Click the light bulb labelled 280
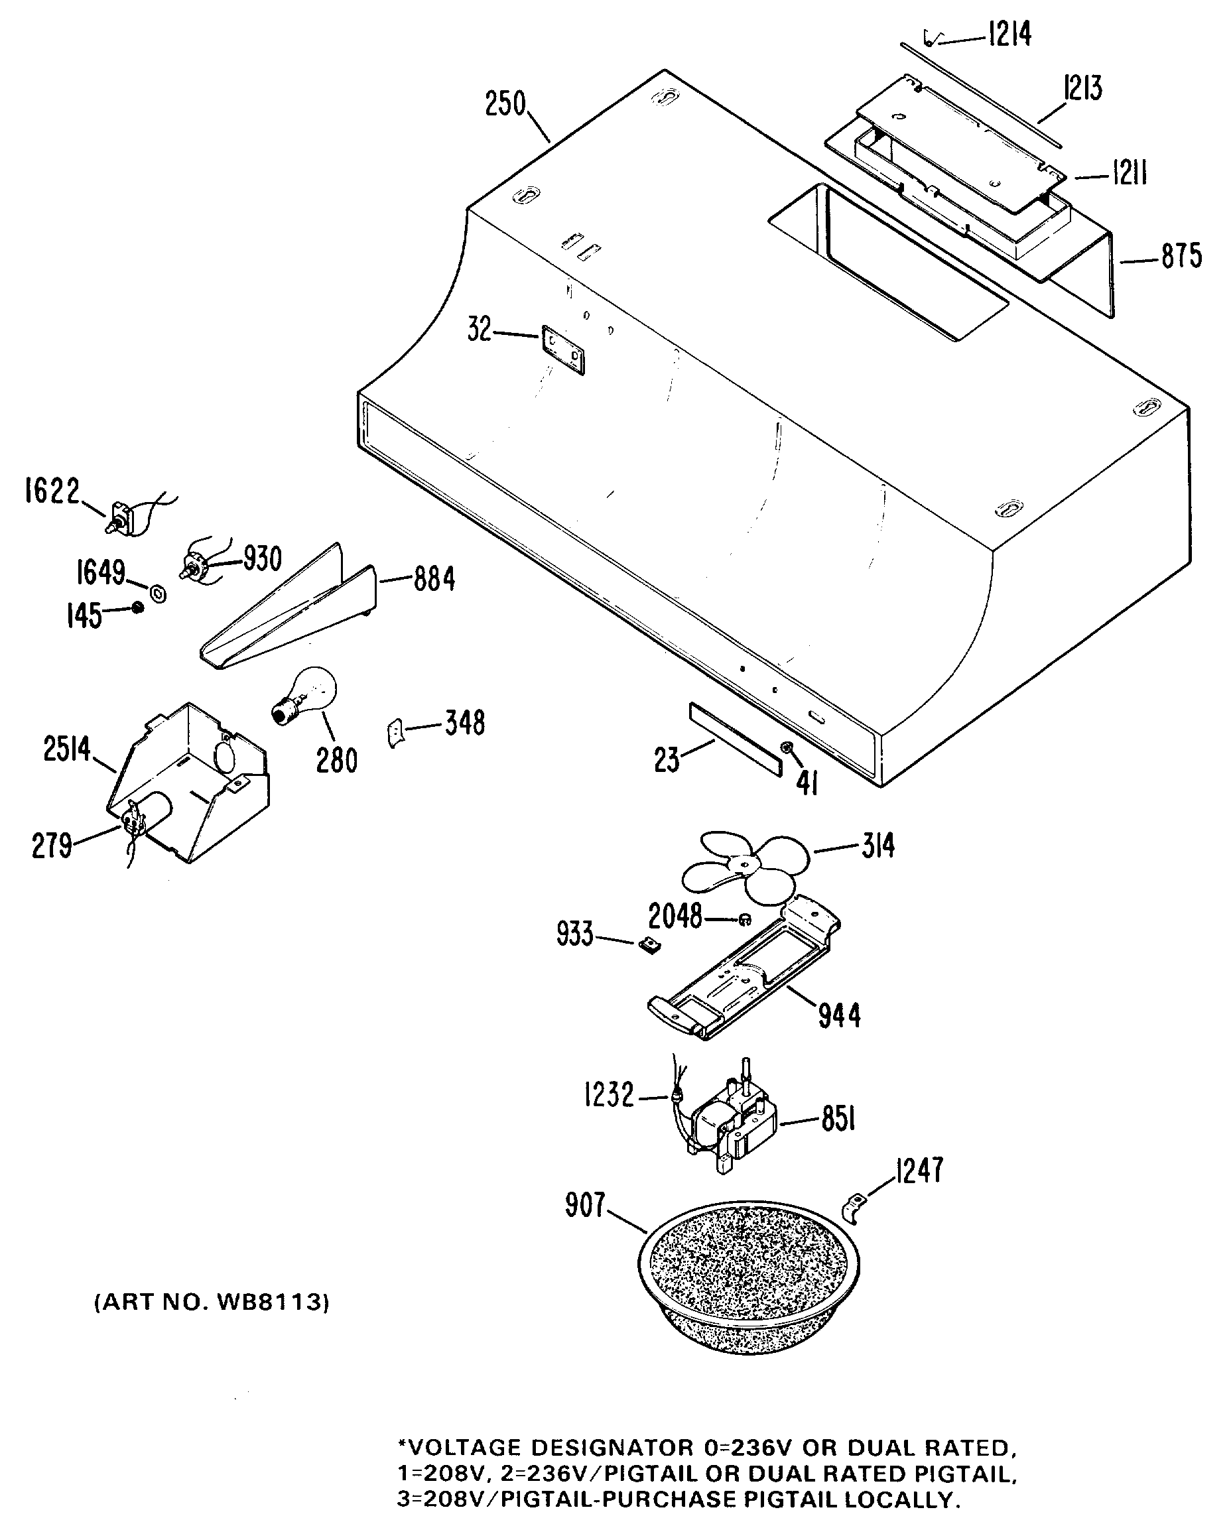pos(306,694)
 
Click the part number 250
pos(505,104)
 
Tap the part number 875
pos(1181,256)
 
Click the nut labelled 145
pos(137,607)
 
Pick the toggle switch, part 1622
pos(122,517)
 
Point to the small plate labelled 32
pos(563,350)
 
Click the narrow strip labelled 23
pos(735,739)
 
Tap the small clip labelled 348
pos(396,732)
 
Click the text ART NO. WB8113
pos(212,1302)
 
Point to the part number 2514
pos(68,749)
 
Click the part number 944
pos(840,1015)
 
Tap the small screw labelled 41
pos(787,747)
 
